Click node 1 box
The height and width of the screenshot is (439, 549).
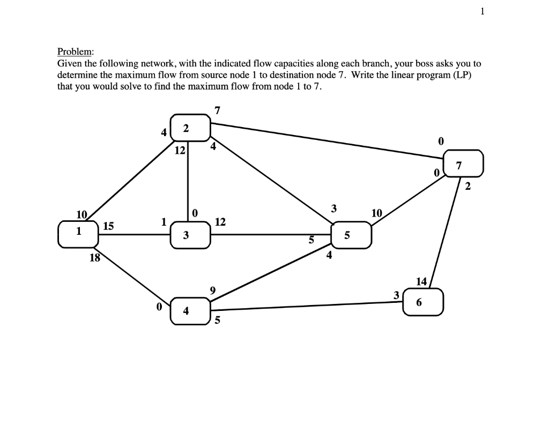[78, 236]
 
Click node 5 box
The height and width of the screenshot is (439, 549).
[351, 235]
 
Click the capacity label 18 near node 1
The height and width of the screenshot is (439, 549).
[95, 259]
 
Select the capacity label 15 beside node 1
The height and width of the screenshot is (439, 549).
[108, 227]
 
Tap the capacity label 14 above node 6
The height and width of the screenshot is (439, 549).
[421, 281]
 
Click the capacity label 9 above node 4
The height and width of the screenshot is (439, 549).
[213, 291]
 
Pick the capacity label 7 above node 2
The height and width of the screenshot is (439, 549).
[217, 111]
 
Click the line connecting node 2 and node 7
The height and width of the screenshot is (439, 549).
[327, 140]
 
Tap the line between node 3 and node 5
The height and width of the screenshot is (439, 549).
[268, 234]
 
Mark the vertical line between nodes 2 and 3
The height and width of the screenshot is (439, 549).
[188, 182]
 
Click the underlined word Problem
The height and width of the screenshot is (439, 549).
[75, 52]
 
